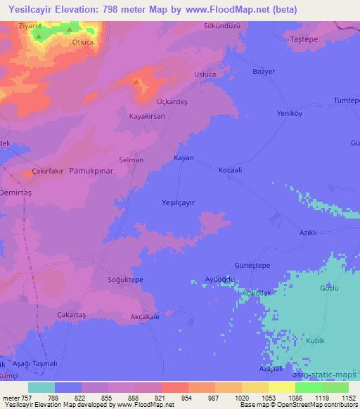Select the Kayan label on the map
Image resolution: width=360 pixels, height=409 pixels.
[x=184, y=158]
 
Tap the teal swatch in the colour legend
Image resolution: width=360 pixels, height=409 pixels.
[x=41, y=387]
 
